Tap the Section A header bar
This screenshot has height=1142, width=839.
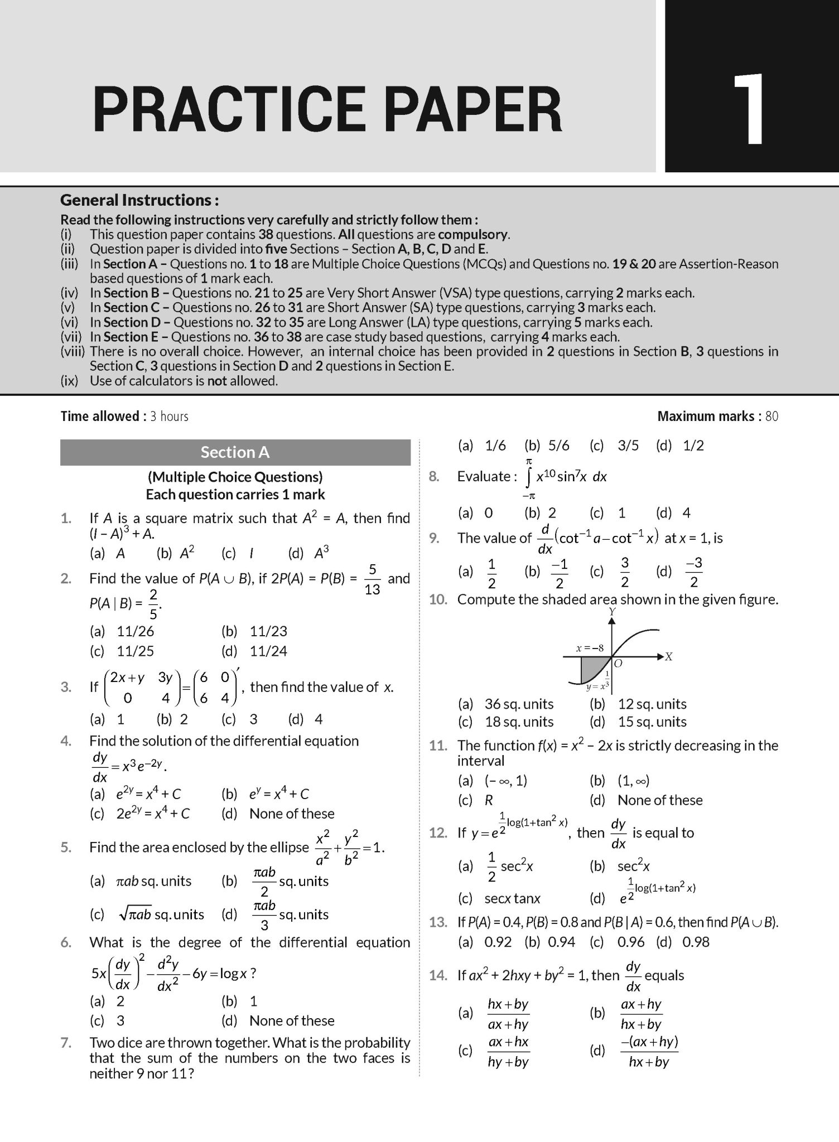[x=235, y=452]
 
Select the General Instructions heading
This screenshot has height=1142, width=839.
[x=139, y=200]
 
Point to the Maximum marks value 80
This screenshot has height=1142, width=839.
[x=772, y=416]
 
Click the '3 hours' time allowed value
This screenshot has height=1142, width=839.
[x=169, y=416]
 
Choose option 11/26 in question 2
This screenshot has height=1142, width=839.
[x=135, y=631]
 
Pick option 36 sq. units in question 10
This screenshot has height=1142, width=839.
[x=519, y=704]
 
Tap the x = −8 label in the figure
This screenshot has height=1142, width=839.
[x=590, y=649]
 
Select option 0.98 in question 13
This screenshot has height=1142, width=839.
[x=696, y=942]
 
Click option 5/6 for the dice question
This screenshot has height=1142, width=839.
[x=558, y=446]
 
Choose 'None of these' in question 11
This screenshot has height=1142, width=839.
[x=659, y=800]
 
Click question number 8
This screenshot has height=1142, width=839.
[x=434, y=476]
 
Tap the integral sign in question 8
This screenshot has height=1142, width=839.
[x=528, y=477]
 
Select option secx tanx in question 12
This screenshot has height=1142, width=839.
[x=512, y=898]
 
